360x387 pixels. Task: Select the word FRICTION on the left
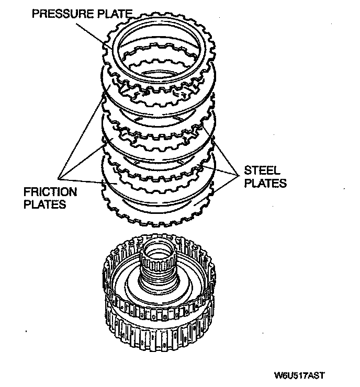click(x=50, y=192)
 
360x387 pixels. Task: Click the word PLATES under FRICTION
click(x=45, y=204)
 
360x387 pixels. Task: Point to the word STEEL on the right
click(x=262, y=171)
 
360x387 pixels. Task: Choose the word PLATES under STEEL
click(x=265, y=183)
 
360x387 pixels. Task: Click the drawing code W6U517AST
click(x=298, y=375)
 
